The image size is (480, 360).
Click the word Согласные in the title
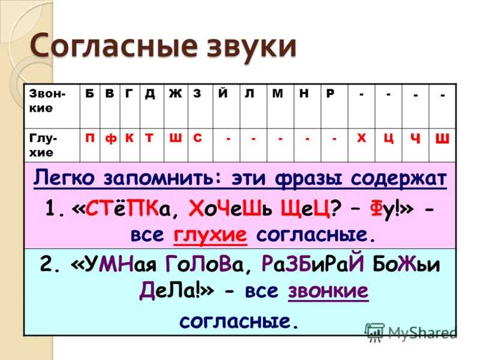(113, 47)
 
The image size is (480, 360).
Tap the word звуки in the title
(251, 47)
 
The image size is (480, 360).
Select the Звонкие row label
(47, 101)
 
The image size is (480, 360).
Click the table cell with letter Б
(89, 106)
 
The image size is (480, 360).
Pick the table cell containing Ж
(176, 106)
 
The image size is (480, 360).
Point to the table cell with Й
(226, 106)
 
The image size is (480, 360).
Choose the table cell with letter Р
(334, 106)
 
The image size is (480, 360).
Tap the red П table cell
(89, 145)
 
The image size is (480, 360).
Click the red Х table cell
(362, 145)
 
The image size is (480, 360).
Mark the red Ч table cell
(415, 145)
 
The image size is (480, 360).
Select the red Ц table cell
(388, 145)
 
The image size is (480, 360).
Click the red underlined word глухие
(211, 235)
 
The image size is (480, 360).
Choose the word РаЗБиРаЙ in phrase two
(313, 264)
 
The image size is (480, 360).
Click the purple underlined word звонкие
(328, 290)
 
